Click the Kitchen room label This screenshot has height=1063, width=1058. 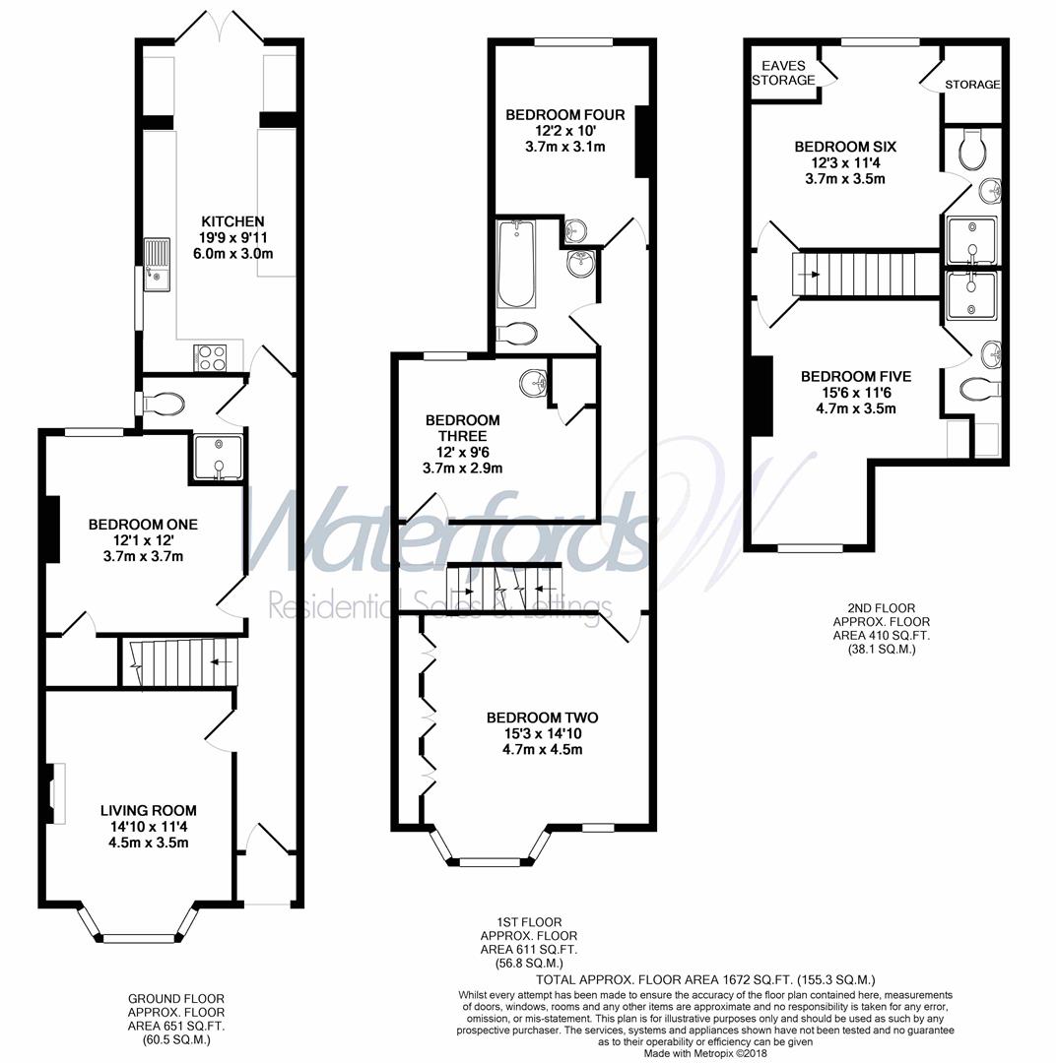click(232, 221)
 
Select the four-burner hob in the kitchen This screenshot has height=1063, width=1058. click(212, 356)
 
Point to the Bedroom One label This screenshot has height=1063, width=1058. click(143, 525)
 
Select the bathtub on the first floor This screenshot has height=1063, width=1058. click(515, 265)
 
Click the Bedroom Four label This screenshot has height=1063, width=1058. click(565, 115)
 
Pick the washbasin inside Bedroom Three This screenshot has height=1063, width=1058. click(533, 380)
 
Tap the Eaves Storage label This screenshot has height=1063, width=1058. click(783, 73)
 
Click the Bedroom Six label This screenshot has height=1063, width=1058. click(845, 147)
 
